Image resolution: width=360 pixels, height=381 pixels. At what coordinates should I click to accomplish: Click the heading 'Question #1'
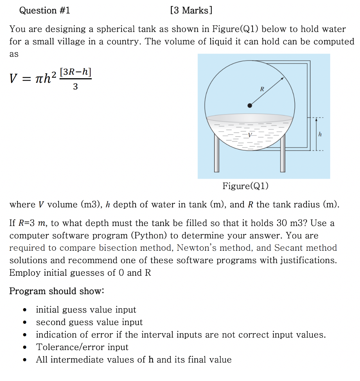point(45,11)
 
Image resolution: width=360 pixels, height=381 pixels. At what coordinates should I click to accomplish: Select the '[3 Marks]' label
point(191,11)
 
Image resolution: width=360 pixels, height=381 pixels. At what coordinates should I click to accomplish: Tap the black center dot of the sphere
point(250,105)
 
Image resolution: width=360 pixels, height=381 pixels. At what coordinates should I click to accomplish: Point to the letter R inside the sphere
point(262,89)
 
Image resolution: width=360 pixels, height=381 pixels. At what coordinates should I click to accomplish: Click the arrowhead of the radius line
point(283,79)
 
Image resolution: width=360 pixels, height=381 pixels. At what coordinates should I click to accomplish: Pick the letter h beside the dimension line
point(320,134)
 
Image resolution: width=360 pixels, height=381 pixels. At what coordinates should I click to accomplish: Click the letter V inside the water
point(250,135)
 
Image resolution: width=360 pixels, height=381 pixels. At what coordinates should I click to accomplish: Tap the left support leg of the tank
point(217,155)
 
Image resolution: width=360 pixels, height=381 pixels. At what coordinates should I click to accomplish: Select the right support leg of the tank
point(283,155)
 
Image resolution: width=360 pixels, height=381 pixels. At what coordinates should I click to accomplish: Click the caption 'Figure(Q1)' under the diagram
point(245,186)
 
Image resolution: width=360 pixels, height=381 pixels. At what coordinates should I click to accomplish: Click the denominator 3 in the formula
point(75,87)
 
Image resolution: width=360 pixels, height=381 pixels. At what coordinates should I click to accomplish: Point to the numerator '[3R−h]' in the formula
point(75,73)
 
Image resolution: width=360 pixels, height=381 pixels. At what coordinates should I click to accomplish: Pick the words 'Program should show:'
point(57,291)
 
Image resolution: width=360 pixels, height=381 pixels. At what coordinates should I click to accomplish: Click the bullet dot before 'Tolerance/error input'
point(24,348)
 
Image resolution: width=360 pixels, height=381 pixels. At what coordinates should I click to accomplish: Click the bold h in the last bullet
point(151,360)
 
